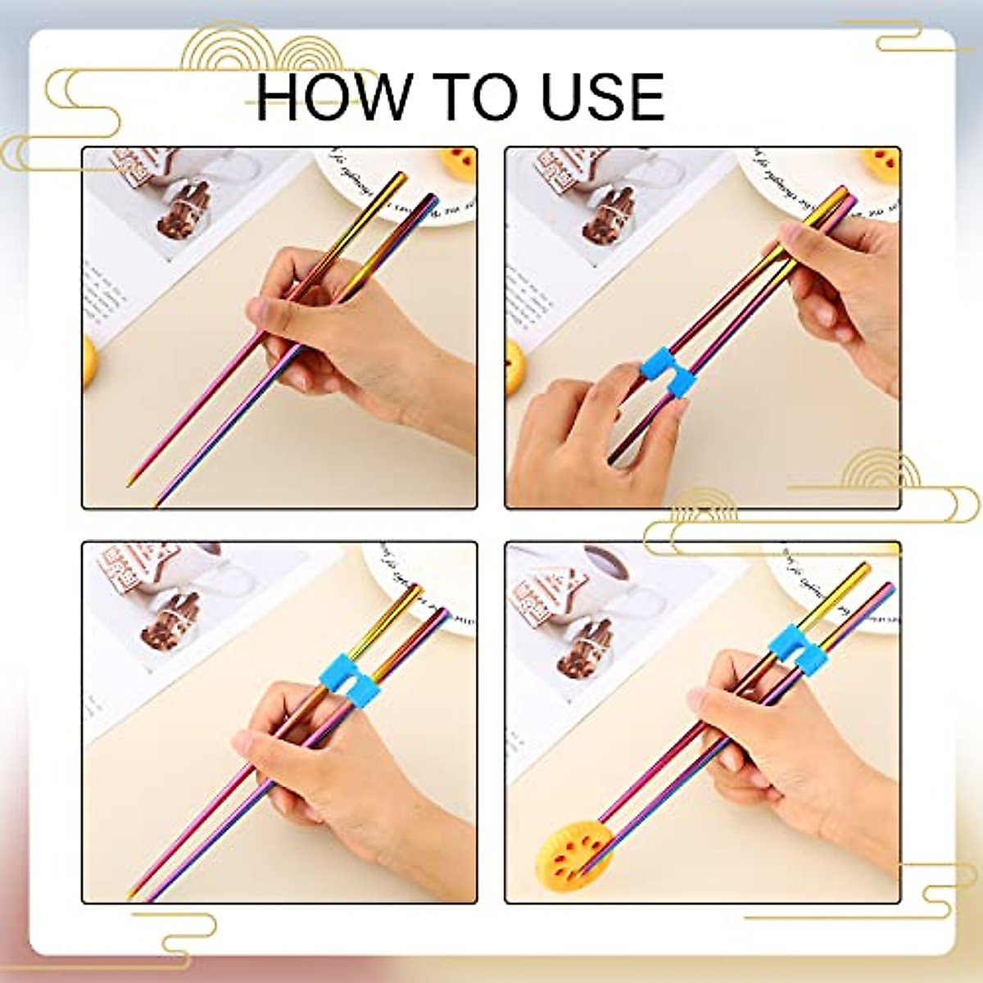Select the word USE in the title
click(x=600, y=97)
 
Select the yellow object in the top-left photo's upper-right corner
click(x=460, y=160)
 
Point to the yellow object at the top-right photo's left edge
click(x=514, y=368)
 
